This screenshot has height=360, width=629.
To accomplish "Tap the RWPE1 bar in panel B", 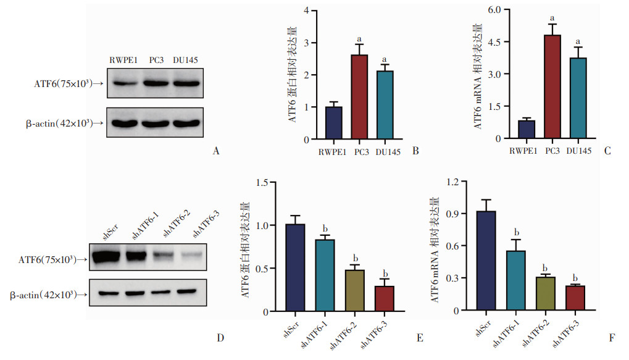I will coord(334,123).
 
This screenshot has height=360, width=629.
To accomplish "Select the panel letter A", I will coord(215,151).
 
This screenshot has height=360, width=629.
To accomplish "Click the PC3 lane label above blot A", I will coord(156,59).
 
